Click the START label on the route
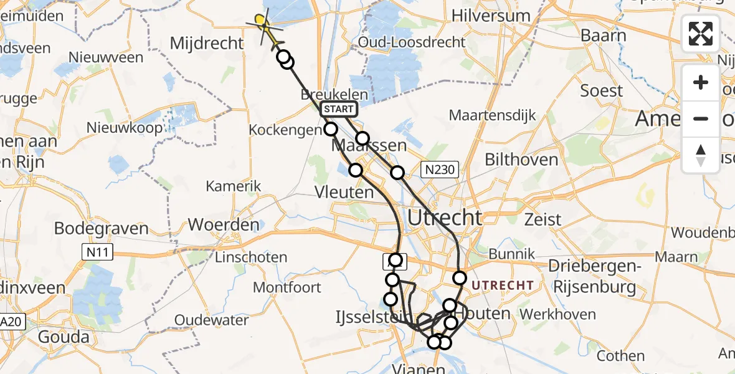point(339,110)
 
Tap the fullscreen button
point(701,34)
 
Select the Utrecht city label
point(445,218)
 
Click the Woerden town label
point(223,224)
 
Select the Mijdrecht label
point(207,43)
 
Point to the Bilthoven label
point(521,160)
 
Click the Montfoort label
point(287,287)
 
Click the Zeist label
point(543,219)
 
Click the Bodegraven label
point(102,228)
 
